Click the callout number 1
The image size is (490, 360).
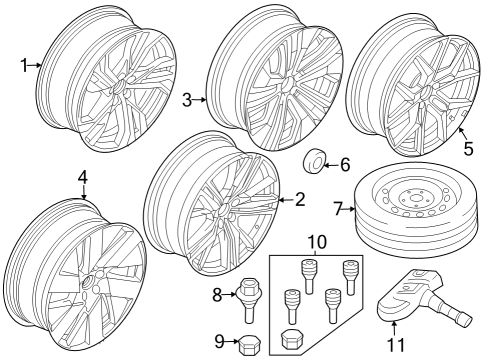click(23, 65)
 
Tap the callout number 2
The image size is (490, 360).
click(299, 200)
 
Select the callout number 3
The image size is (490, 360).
click(187, 99)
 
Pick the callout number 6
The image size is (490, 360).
click(346, 163)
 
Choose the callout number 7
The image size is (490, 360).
click(338, 209)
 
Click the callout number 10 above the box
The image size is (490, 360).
click(317, 241)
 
